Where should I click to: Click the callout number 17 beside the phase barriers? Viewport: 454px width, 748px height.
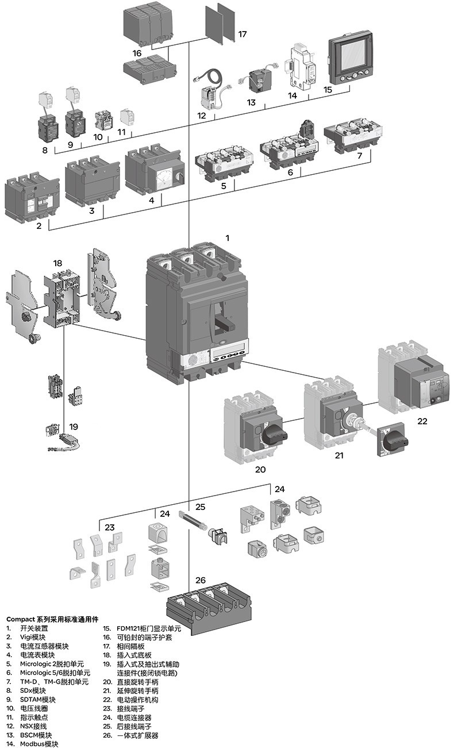point(242,34)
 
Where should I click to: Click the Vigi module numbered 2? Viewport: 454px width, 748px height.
point(32,198)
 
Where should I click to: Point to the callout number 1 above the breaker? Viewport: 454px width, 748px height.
point(228,237)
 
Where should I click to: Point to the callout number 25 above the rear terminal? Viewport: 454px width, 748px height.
point(200,507)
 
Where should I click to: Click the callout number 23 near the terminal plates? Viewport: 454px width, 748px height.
point(109,526)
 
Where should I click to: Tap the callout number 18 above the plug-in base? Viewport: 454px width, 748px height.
point(57,263)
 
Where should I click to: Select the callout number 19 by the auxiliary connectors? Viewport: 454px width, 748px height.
point(73,427)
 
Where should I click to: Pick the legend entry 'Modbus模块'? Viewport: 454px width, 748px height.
point(40,743)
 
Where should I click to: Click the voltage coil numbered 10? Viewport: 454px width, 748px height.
point(103,118)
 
